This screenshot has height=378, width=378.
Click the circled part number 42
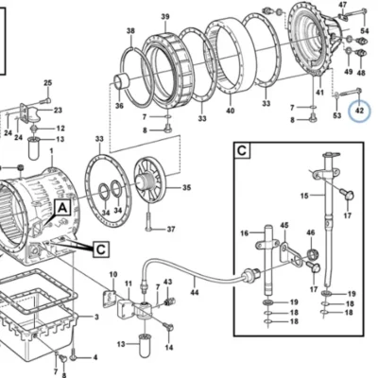point(359,111)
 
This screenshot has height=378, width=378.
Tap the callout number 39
point(165,17)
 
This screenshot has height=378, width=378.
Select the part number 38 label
point(130,31)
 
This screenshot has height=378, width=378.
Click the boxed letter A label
point(63,208)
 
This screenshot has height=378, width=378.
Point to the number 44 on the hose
point(195,293)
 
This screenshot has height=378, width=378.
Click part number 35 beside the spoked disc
point(186,188)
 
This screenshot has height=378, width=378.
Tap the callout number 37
point(171,229)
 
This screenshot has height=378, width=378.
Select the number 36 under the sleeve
point(119,106)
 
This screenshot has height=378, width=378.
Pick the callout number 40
point(231,111)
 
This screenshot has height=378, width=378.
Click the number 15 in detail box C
point(304,197)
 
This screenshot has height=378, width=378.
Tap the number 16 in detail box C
point(245,233)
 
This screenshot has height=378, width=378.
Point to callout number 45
point(284,225)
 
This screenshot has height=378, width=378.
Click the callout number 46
point(311,232)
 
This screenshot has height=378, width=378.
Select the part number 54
point(365,30)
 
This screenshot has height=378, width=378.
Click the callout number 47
point(342,5)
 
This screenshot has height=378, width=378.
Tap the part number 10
point(113,275)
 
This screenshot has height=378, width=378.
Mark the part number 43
point(168,282)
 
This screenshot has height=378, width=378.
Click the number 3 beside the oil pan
point(96,317)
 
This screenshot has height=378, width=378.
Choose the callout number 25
point(47,83)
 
